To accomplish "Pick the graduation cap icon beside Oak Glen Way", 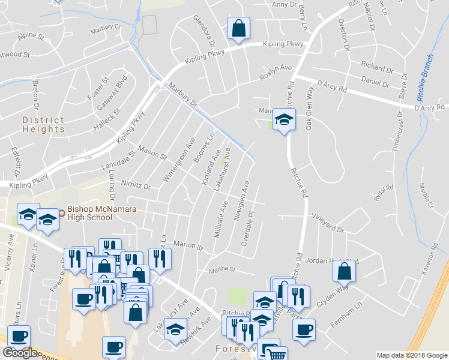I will pyautogui.click(x=284, y=119).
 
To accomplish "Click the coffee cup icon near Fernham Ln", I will pyautogui.click(x=304, y=329).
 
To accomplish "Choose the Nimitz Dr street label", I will pyautogui.click(x=135, y=186).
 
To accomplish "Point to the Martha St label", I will pyautogui.click(x=221, y=271).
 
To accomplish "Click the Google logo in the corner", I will pyautogui.click(x=19, y=353).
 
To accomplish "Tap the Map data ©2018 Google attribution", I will pyautogui.click(x=411, y=355).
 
